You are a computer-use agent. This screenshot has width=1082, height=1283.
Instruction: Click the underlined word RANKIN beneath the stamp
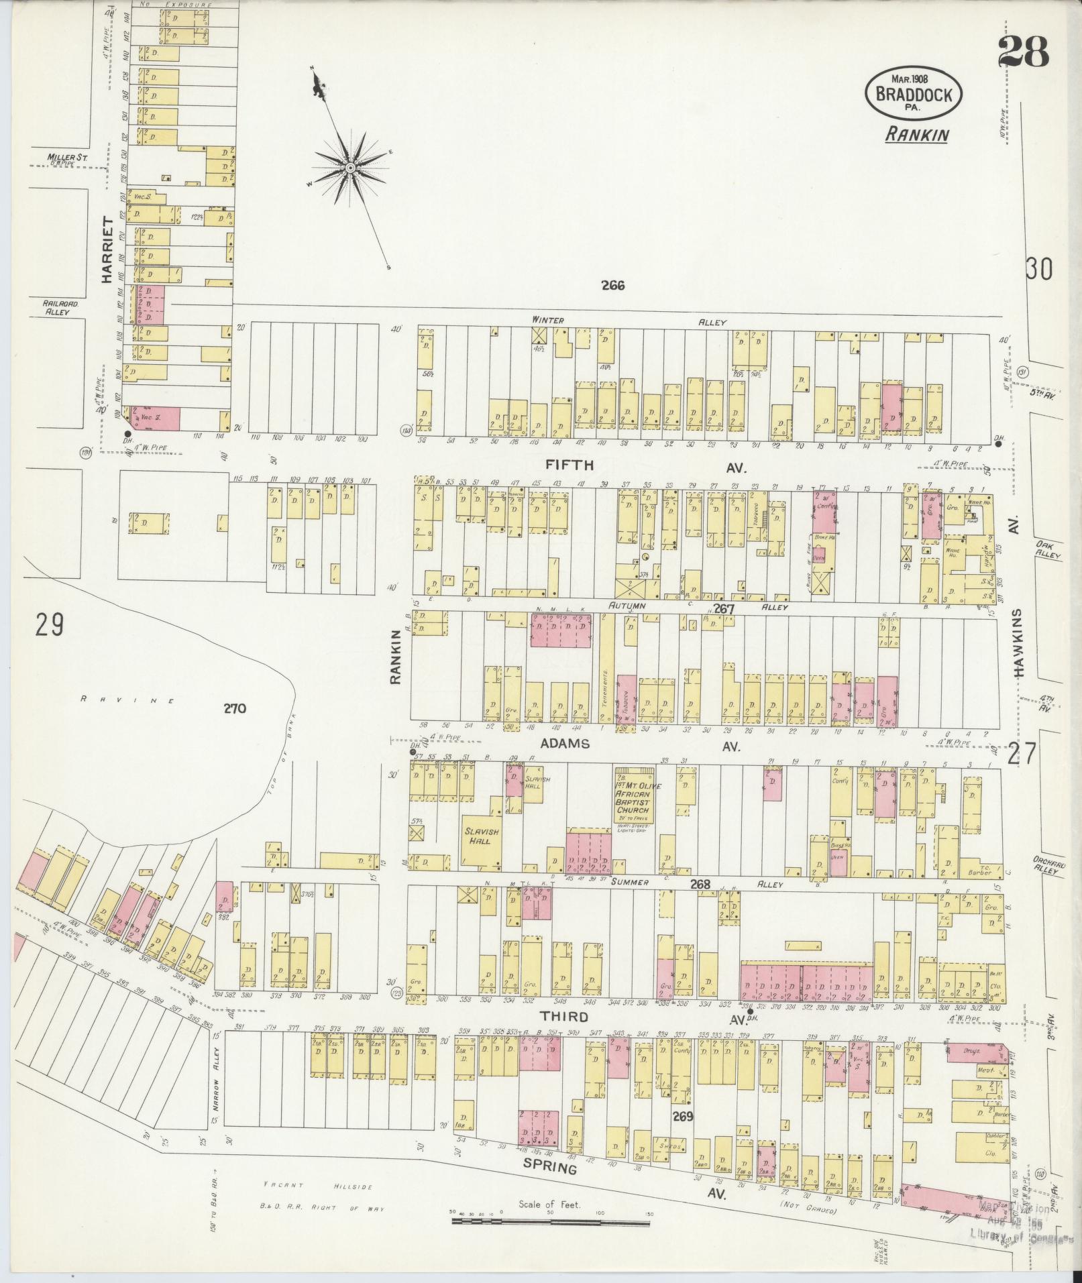[916, 134]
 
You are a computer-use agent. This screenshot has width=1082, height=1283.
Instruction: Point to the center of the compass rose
[350, 166]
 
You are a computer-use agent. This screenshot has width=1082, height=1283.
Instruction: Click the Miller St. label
[68, 158]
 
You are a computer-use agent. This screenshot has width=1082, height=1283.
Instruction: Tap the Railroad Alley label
[61, 307]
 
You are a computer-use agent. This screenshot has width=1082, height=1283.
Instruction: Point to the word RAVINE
[127, 700]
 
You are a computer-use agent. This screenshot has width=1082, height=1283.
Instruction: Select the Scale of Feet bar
[550, 1222]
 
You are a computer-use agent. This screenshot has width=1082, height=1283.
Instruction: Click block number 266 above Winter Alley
[612, 286]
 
